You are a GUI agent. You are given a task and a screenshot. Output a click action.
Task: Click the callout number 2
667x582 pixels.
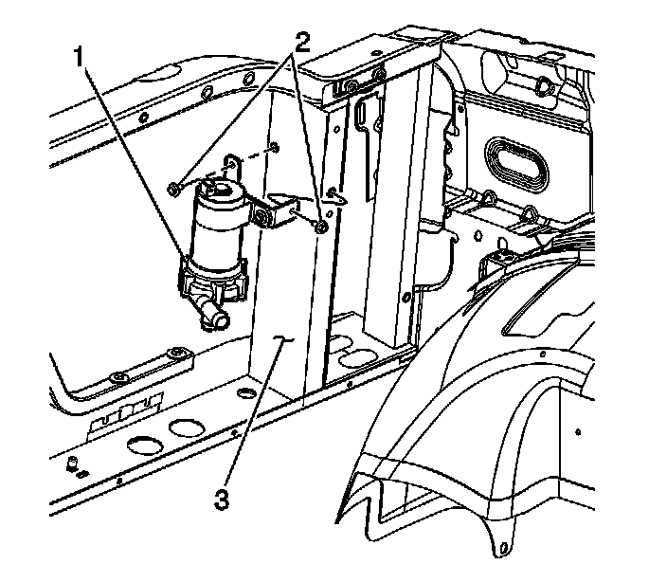tap(301, 43)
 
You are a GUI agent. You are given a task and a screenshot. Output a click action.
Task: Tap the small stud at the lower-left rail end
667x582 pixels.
tap(72, 463)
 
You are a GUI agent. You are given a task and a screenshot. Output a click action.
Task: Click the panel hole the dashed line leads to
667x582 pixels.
tap(273, 146)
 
